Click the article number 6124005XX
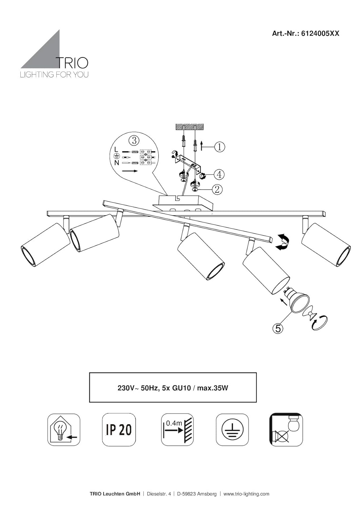[320, 34]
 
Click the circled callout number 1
[220, 147]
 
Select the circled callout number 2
[217, 189]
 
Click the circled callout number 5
[278, 328]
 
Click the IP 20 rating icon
[119, 430]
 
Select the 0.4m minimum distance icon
[177, 430]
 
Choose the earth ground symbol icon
[232, 430]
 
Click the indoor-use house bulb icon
[64, 430]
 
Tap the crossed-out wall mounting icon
[286, 430]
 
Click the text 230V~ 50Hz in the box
[138, 388]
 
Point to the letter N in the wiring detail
[116, 163]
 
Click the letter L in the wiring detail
[116, 149]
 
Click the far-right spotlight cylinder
[326, 245]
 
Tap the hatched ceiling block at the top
[189, 127]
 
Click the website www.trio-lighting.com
[246, 494]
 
